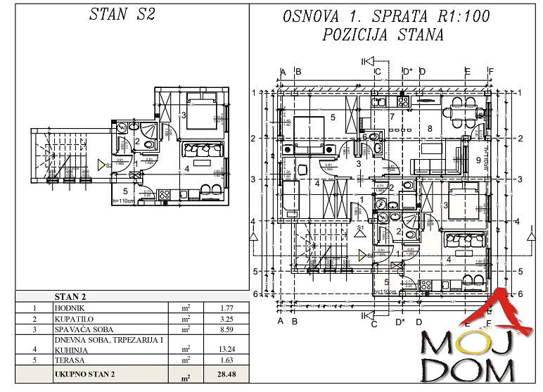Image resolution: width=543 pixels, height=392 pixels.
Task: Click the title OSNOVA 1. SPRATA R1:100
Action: pyautogui.click(x=385, y=16)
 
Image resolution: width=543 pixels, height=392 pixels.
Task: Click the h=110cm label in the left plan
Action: pyautogui.click(x=123, y=200)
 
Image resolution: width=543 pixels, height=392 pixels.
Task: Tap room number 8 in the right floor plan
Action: pyautogui.click(x=429, y=129)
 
